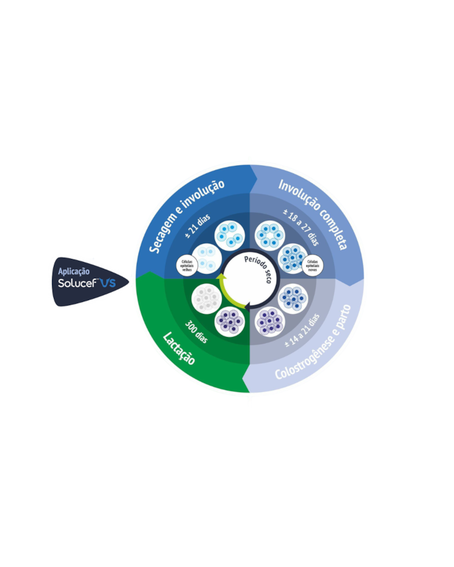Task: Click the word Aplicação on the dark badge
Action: point(74,272)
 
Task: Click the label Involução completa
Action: point(312,214)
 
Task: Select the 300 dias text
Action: point(196,331)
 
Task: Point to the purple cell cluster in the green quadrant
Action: point(230,321)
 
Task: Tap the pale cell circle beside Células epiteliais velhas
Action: point(206,258)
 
